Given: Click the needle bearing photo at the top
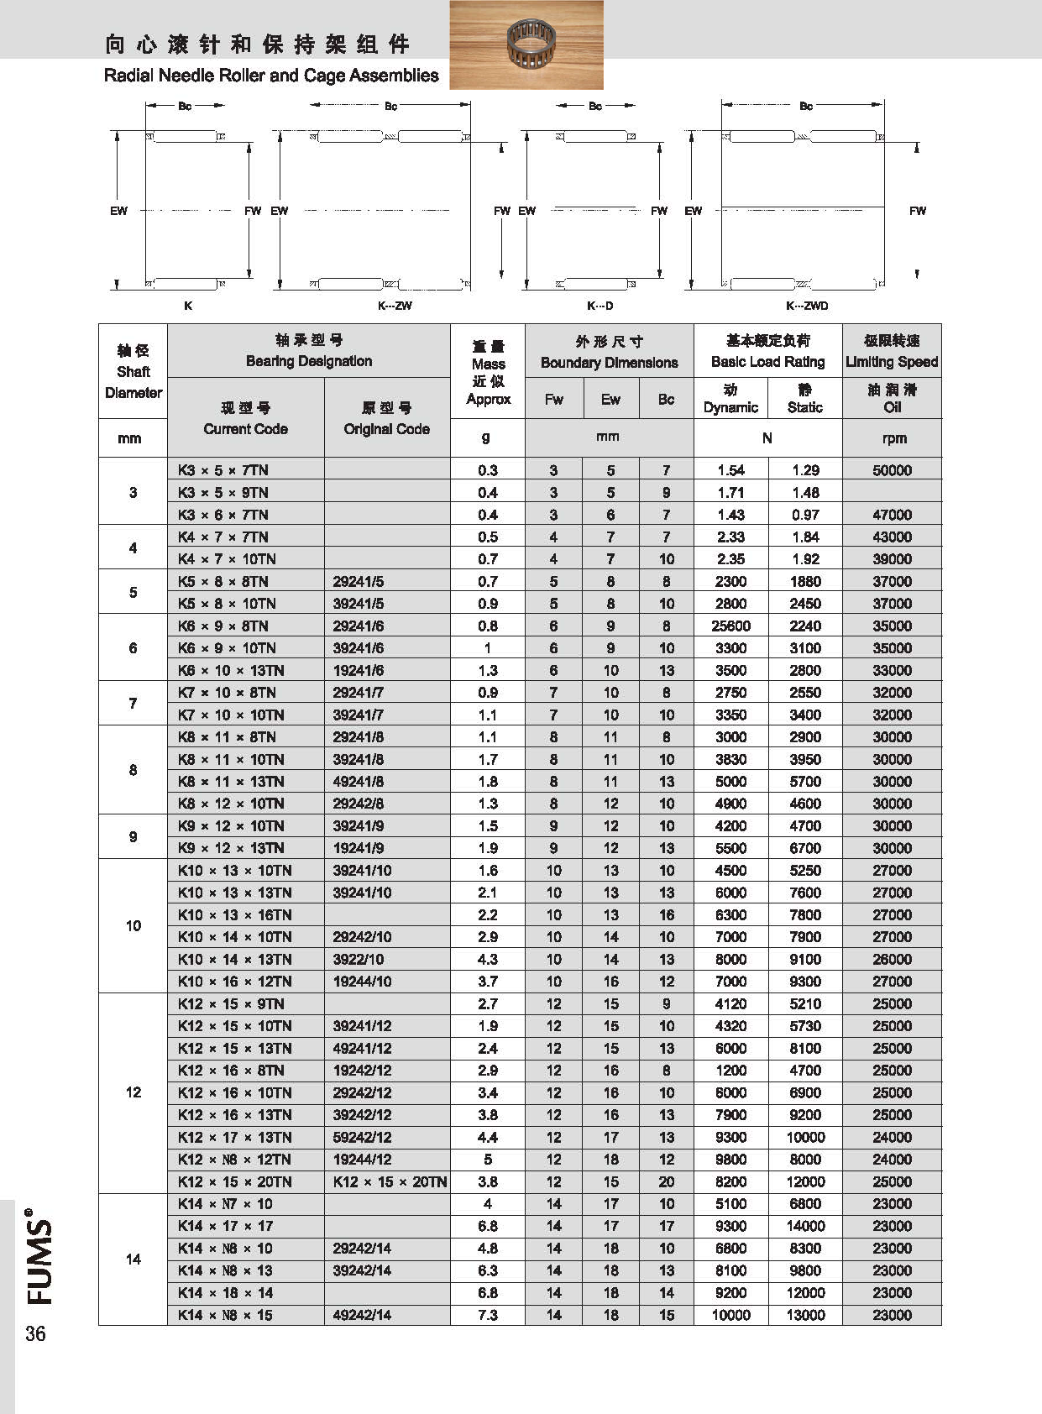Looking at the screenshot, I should (x=526, y=44).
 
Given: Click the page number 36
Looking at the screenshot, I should (x=35, y=1333).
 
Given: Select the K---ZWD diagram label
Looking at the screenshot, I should (x=806, y=306).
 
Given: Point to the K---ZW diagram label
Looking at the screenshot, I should (x=395, y=306).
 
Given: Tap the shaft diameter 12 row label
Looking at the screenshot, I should (x=133, y=1092).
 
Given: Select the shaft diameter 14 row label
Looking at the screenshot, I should (x=133, y=1259).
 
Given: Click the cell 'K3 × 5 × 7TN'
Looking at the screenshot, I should (x=223, y=470).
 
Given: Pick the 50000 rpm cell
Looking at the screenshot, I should (x=892, y=470).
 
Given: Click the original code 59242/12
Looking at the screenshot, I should (x=362, y=1137).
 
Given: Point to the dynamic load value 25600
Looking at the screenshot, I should (x=730, y=626).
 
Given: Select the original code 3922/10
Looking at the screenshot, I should (x=358, y=959).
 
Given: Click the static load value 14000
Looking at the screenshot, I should (x=805, y=1226).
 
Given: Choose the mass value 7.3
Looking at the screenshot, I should (x=487, y=1315).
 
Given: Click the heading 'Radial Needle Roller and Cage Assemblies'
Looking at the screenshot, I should (x=271, y=76).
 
